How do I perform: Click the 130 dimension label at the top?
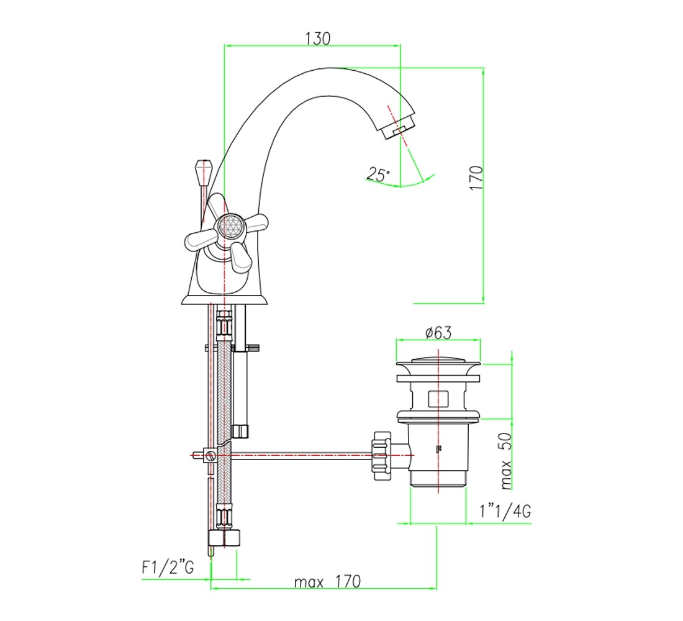point(317,39)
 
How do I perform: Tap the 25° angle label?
point(378,174)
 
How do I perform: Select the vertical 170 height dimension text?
point(476,177)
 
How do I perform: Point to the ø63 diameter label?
point(438,333)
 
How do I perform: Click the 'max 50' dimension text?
point(505,461)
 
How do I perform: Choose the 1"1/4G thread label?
point(505,510)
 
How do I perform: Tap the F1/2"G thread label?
point(168,568)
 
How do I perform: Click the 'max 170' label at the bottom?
point(328,581)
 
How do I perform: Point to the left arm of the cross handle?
point(201,239)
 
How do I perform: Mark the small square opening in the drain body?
point(438,398)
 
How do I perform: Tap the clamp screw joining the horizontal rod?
point(211,456)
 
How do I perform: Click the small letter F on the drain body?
point(438,450)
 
